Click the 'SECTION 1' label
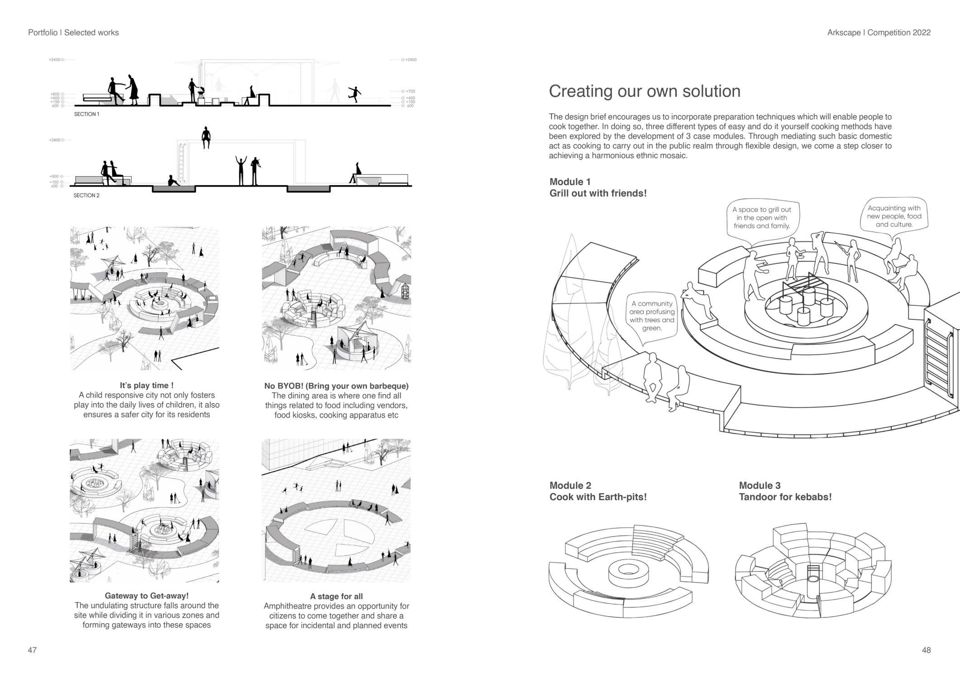pos(86,114)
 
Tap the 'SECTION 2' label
pos(86,195)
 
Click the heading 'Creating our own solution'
pos(645,91)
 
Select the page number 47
pos(32,650)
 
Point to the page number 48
pos(926,650)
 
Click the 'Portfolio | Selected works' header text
pos(73,33)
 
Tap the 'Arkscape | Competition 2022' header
pos(879,33)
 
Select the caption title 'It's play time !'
pos(146,385)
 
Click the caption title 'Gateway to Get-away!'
pos(146,596)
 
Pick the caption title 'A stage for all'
pos(336,596)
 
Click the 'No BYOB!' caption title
pos(336,386)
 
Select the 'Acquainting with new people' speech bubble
pos(894,216)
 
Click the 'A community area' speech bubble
pos(652,316)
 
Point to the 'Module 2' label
pos(570,485)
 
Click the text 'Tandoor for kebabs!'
pos(785,497)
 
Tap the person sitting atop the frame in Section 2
pos(206,137)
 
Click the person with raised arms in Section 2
pos(241,170)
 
